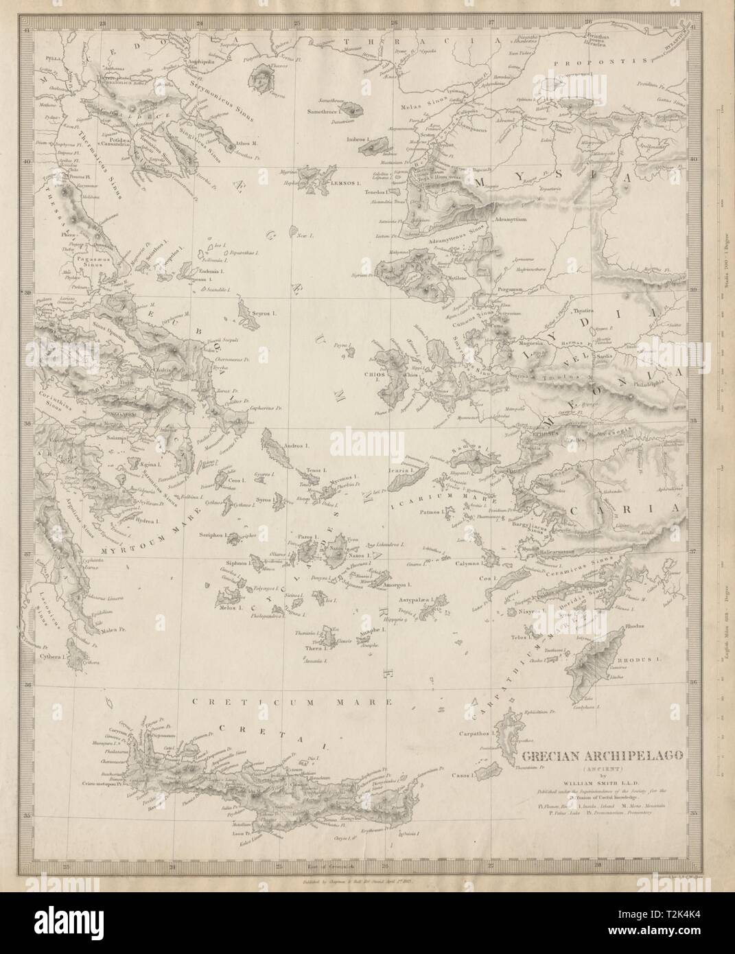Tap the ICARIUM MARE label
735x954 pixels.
[x=450, y=491]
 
